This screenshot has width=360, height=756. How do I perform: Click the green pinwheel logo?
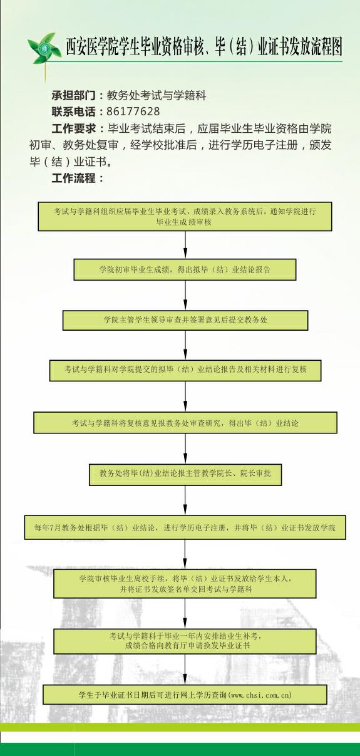[x=42, y=48]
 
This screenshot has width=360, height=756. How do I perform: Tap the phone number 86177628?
[x=133, y=111]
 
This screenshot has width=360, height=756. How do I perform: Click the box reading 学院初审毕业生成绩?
[x=185, y=270]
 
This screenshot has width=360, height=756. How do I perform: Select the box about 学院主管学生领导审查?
[x=185, y=320]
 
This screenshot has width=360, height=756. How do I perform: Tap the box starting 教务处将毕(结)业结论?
[x=185, y=475]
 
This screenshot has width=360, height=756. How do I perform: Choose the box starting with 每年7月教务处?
[x=185, y=527]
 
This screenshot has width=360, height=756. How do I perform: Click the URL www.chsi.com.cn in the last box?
[x=260, y=695]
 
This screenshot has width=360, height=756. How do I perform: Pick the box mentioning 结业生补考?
[x=185, y=641]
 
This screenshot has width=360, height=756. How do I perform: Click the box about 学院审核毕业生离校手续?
[x=185, y=584]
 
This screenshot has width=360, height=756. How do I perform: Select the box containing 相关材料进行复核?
[x=185, y=371]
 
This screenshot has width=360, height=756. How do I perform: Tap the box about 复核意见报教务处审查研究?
[x=185, y=423]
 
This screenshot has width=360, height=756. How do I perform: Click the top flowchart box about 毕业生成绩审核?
[x=185, y=216]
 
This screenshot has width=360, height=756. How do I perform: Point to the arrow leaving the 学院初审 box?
[x=185, y=295]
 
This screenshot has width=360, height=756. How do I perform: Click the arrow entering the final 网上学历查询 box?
[x=185, y=670]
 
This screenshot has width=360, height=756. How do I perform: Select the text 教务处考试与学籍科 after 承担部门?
[x=157, y=95]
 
